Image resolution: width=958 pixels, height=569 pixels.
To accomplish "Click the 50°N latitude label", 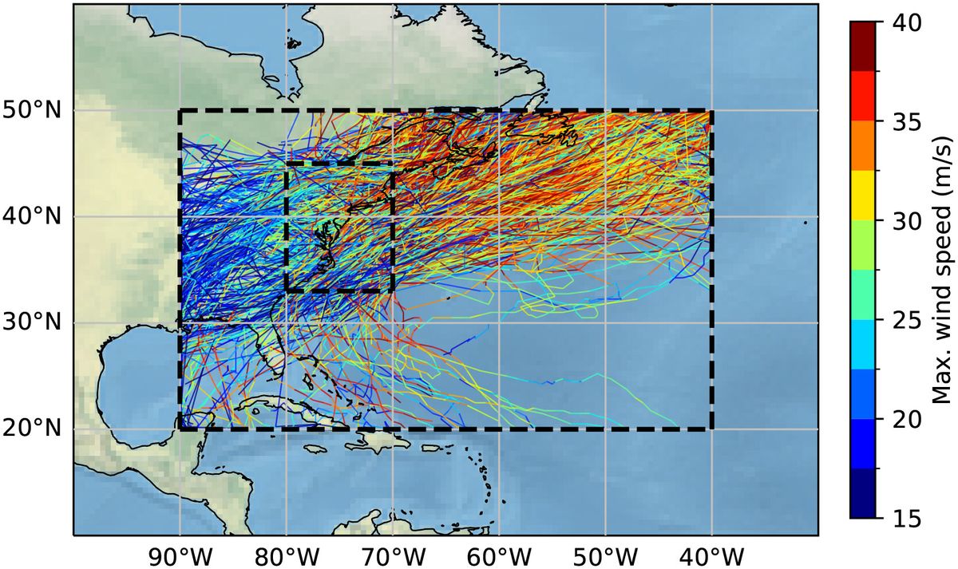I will pyautogui.click(x=32, y=111).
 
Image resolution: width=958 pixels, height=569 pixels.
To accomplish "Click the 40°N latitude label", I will pyautogui.click(x=32, y=217).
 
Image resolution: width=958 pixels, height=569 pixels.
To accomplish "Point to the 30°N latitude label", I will pyautogui.click(x=32, y=323).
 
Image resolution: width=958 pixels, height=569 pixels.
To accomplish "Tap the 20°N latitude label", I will pyautogui.click(x=32, y=429).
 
